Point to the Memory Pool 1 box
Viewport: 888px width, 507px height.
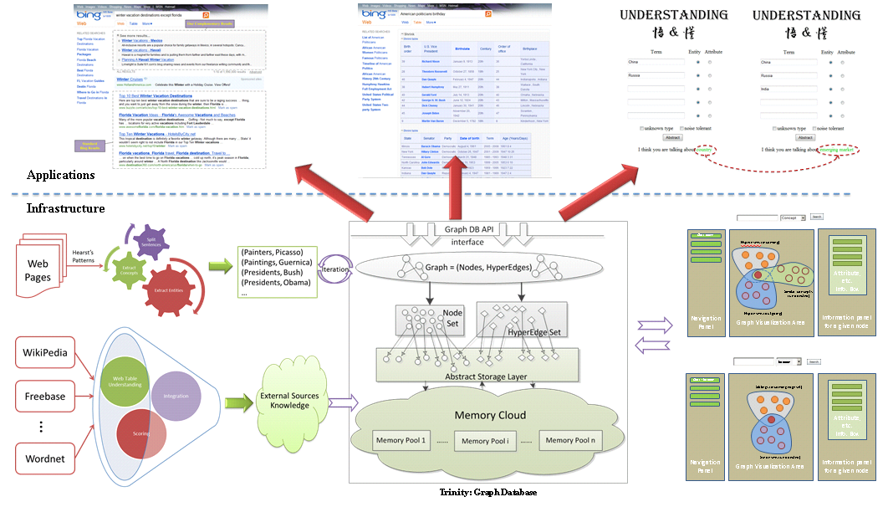[401, 440]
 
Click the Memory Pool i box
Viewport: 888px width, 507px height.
[487, 441]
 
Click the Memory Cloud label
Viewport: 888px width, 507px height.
[491, 416]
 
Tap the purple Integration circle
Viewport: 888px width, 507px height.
[176, 397]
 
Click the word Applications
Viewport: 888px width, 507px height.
[60, 175]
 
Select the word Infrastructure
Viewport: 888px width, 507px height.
[66, 207]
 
